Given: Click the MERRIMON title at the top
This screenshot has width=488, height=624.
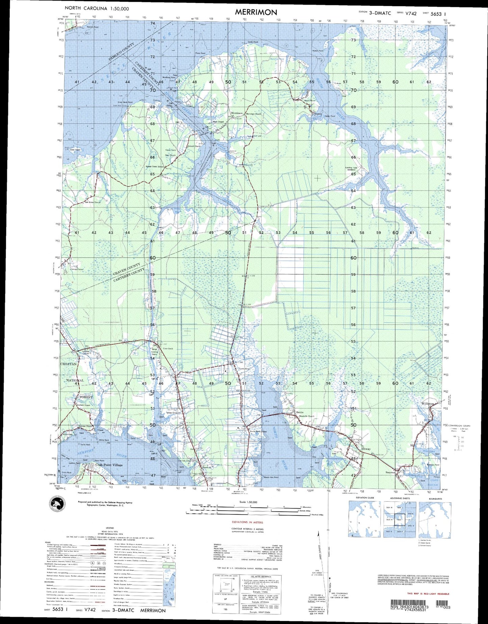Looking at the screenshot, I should (x=256, y=12).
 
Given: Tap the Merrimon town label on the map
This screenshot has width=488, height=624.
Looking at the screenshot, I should (x=236, y=113).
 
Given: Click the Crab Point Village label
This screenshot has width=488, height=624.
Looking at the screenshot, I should (x=109, y=465).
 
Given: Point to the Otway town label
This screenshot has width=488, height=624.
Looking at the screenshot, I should (x=366, y=449).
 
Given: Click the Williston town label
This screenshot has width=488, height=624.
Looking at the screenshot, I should (x=428, y=404).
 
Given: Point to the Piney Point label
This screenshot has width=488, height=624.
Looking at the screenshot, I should (x=200, y=53).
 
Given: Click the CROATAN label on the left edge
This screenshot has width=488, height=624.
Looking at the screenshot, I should (x=68, y=364).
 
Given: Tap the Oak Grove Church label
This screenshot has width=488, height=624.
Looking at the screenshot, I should (x=92, y=202).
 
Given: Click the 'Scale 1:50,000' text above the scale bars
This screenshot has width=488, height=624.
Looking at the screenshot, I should (x=248, y=502).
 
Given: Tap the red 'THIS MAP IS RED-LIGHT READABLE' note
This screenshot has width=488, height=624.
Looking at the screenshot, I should (x=428, y=594).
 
